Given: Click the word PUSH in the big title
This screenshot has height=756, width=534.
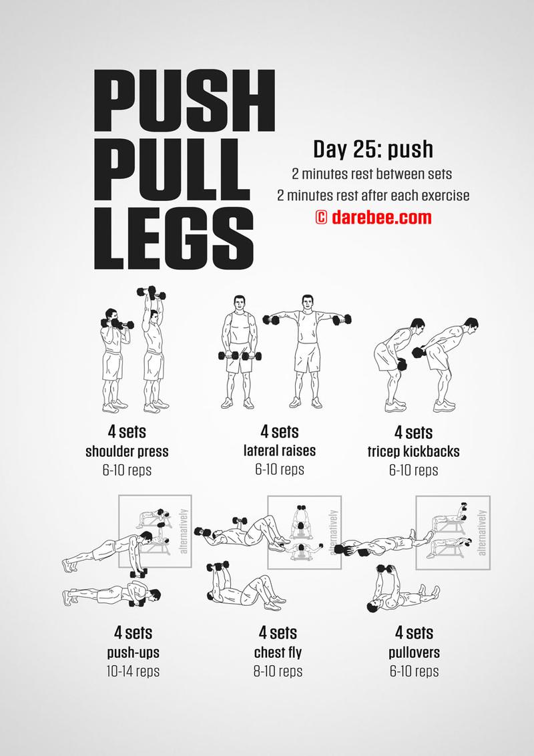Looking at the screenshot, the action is (184, 100).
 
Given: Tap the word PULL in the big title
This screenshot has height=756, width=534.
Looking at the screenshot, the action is (172, 169).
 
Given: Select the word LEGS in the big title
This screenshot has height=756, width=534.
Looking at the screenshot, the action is (174, 238).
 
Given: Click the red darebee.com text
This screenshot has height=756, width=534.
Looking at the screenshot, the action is (381, 218).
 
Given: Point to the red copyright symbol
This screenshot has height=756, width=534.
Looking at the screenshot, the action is (321, 218).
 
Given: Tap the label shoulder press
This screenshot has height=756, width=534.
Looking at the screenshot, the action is (127, 452).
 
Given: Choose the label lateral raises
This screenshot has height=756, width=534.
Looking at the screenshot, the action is (280, 451).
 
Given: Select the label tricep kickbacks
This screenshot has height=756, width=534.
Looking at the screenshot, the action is (413, 451).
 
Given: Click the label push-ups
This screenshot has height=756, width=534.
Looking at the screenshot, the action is (133, 653).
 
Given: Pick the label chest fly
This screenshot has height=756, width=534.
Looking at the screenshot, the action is (278, 653).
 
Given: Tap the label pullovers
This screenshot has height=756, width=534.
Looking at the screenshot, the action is (415, 652).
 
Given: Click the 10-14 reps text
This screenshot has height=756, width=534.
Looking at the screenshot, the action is (133, 671).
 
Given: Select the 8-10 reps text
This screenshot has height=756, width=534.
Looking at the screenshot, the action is (278, 671).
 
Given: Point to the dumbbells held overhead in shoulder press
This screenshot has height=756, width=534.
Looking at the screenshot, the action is (152, 293).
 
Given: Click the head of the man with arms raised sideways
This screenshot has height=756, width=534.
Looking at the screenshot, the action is (308, 303).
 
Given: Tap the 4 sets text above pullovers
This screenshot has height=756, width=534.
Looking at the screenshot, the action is (415, 632).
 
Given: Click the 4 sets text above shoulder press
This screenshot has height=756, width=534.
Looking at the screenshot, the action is (127, 431).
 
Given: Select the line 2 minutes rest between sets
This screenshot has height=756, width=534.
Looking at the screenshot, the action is (372, 174).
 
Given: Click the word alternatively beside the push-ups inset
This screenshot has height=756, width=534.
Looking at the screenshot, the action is (184, 531).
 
